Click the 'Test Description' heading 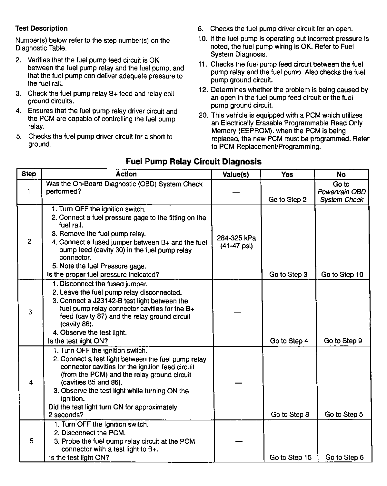41,28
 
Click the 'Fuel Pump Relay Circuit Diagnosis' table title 193,162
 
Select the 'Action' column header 126,174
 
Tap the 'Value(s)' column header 236,174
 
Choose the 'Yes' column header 287,174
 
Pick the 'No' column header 341,174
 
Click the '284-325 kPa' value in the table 236,238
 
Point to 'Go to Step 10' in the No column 342,275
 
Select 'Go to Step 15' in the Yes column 291,458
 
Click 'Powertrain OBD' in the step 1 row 342,192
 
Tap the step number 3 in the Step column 30,312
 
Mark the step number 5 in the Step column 31,441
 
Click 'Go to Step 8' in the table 290,415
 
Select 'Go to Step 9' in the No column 343,341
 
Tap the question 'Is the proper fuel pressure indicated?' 103,275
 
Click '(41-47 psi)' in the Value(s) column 236,246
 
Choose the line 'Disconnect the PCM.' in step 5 93,433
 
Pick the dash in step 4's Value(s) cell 238,383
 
